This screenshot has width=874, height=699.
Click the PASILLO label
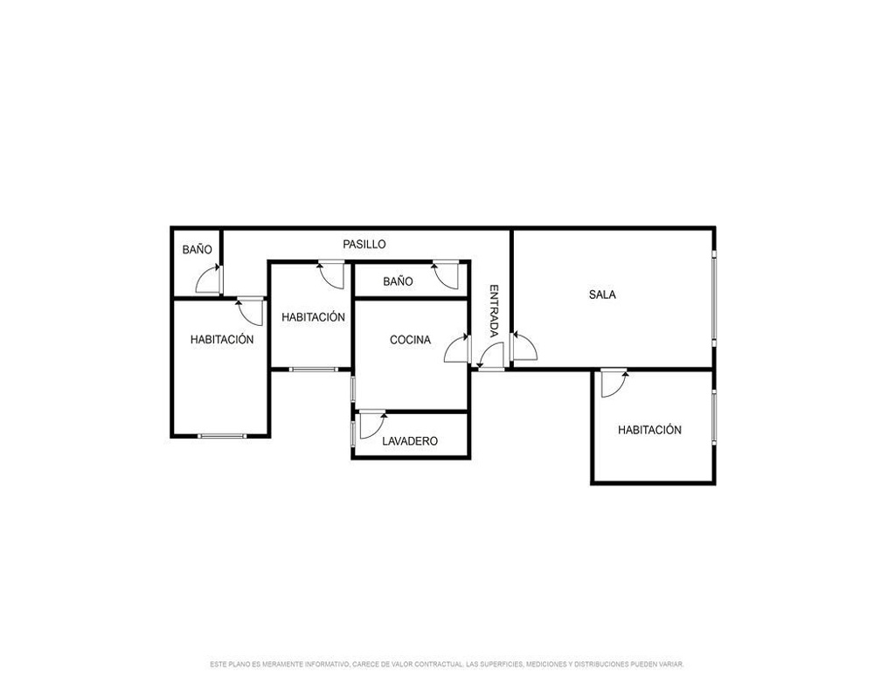(364, 244)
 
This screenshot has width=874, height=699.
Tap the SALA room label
(602, 294)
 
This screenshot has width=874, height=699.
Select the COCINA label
(410, 340)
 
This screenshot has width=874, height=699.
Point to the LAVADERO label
(410, 441)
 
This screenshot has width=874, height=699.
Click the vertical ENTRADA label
(494, 311)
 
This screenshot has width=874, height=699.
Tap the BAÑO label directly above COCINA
(398, 281)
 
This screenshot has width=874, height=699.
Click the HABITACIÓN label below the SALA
(649, 430)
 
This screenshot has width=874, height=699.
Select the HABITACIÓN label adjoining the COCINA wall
(313, 317)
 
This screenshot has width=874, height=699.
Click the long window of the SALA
(713, 294)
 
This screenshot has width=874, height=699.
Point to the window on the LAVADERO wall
(353, 433)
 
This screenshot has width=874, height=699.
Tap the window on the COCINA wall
(353, 389)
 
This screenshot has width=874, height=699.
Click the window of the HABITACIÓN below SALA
(713, 417)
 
